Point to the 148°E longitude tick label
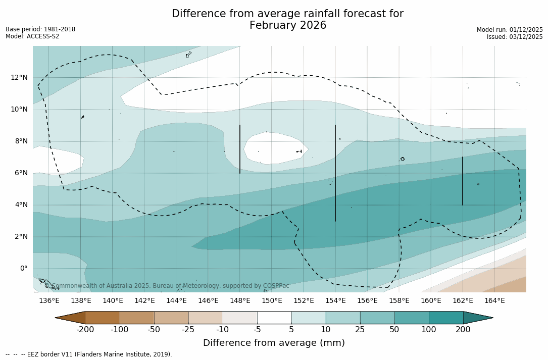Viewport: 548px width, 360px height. click(x=240, y=301)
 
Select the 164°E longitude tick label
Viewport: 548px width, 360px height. click(x=494, y=301)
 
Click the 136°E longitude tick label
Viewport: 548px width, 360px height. click(x=49, y=301)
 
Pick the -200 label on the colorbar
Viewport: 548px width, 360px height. click(x=85, y=330)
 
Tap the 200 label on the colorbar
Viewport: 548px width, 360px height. click(x=463, y=330)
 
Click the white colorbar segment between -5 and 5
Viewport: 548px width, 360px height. click(x=274, y=318)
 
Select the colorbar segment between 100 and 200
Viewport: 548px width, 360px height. click(x=446, y=318)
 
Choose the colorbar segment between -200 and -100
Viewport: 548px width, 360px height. click(x=103, y=318)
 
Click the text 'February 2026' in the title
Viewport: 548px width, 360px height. click(x=288, y=26)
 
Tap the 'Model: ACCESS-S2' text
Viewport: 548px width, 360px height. click(x=32, y=36)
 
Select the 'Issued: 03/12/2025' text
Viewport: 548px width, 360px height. click(x=515, y=37)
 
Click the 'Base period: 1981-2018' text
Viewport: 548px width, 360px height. click(x=40, y=29)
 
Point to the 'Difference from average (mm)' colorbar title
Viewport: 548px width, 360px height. click(x=274, y=343)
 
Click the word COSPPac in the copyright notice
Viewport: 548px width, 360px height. click(x=276, y=286)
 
